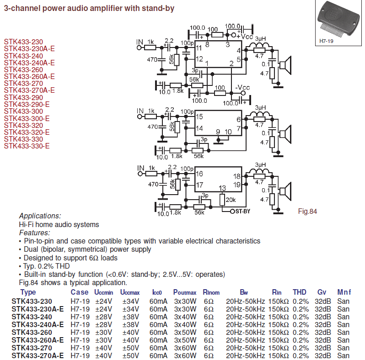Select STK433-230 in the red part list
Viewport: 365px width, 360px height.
point(24,42)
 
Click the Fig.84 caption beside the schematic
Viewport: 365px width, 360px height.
point(307,211)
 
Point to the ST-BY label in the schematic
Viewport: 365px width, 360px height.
point(240,212)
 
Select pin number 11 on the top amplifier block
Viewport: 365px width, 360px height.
point(199,48)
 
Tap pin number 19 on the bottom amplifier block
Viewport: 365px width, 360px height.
point(237,185)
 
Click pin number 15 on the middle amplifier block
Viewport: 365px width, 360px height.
point(199,117)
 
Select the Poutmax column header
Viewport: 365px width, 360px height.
point(185,292)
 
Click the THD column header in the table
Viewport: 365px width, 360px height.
point(300,292)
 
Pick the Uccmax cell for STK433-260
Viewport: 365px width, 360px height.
point(130,332)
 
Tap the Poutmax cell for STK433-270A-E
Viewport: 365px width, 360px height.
point(185,355)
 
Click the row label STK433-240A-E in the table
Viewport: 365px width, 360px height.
point(38,324)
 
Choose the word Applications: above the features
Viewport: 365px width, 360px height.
point(40,216)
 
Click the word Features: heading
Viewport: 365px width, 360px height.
point(35,233)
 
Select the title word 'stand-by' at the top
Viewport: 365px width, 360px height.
point(159,8)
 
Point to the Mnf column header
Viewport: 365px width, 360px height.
point(344,292)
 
